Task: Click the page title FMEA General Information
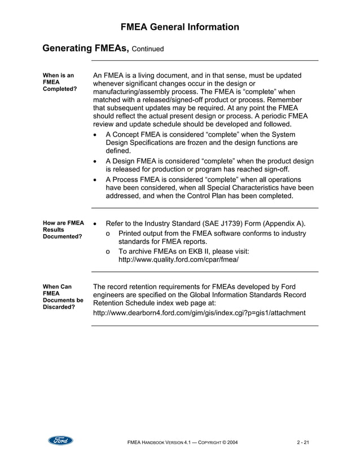[180, 27]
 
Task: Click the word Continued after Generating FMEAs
[148, 49]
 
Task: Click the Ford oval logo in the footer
[60, 441]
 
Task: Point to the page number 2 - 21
[302, 442]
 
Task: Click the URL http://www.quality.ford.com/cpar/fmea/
[178, 260]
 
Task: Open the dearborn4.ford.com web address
[199, 313]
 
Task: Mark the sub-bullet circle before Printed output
[108, 233]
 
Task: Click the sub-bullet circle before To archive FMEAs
[108, 251]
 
